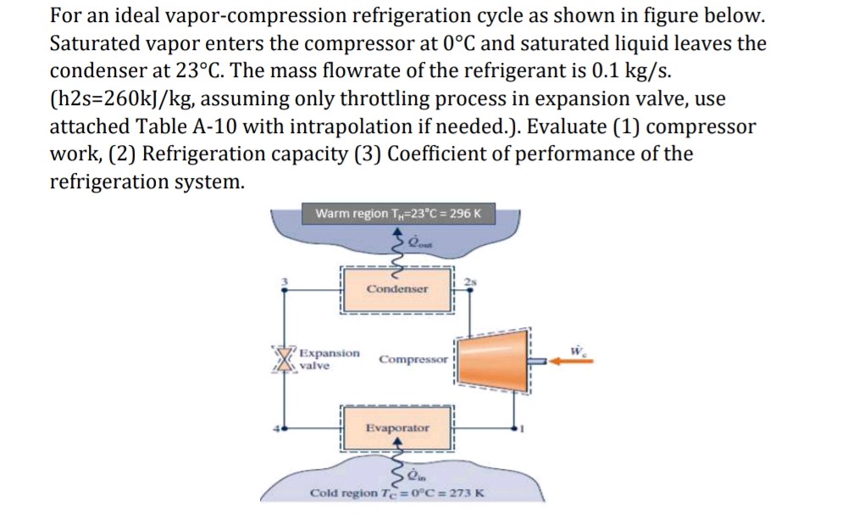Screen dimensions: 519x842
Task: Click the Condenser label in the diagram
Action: pyautogui.click(x=397, y=289)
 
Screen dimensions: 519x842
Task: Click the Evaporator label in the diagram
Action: pyautogui.click(x=397, y=428)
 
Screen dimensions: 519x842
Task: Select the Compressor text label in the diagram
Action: pyautogui.click(x=413, y=360)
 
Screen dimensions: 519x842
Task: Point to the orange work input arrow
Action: pyautogui.click(x=570, y=360)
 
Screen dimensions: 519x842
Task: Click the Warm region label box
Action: pyautogui.click(x=397, y=213)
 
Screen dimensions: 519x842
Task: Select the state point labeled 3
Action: pyautogui.click(x=285, y=281)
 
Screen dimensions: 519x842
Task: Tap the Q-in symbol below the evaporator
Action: pyautogui.click(x=417, y=474)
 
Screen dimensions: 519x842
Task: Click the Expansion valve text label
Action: pyautogui.click(x=329, y=359)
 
